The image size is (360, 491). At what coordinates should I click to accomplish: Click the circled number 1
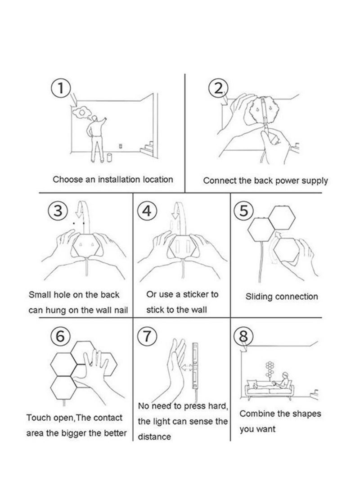61,88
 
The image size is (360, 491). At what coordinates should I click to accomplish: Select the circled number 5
244,211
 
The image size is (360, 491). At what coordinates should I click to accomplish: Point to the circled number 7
147,336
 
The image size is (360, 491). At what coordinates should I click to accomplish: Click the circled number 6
60,336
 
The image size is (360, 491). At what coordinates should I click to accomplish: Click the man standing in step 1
96,140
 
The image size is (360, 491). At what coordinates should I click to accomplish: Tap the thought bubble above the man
82,113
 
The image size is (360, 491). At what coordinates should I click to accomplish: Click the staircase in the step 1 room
148,148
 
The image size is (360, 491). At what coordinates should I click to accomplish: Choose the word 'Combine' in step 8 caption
254,414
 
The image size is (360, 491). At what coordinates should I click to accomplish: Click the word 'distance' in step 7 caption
154,437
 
